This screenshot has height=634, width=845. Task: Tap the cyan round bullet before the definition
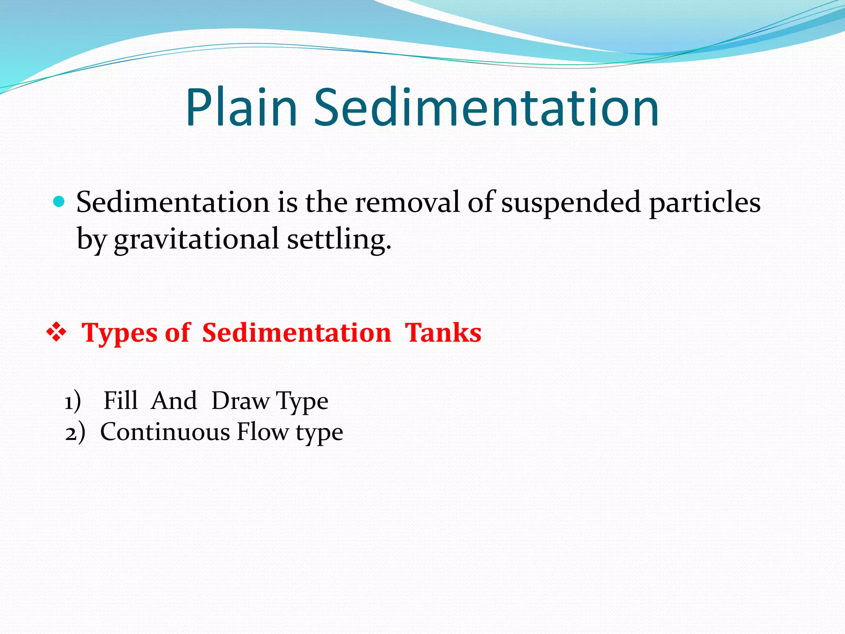pyautogui.click(x=59, y=202)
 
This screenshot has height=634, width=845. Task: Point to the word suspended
pyautogui.click(x=571, y=203)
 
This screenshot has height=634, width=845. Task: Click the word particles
pyautogui.click(x=705, y=203)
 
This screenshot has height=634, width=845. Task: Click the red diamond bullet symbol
pyautogui.click(x=56, y=333)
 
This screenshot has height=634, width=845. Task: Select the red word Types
pyautogui.click(x=120, y=333)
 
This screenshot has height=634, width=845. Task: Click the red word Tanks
pyautogui.click(x=443, y=333)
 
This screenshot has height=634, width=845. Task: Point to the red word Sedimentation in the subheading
pyautogui.click(x=296, y=333)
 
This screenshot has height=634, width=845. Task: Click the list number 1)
pyautogui.click(x=73, y=401)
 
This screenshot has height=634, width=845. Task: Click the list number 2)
pyautogui.click(x=75, y=433)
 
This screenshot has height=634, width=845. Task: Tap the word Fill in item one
pyautogui.click(x=120, y=400)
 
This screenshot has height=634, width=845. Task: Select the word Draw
pyautogui.click(x=241, y=401)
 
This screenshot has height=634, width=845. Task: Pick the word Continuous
pyautogui.click(x=165, y=432)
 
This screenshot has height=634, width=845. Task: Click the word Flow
pyautogui.click(x=263, y=432)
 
